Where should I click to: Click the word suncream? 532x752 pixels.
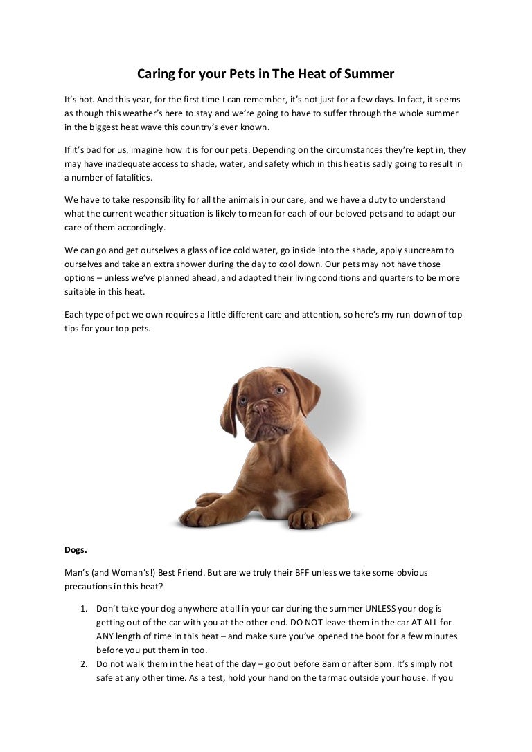[x=427, y=250]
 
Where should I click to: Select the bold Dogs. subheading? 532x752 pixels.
[x=76, y=550]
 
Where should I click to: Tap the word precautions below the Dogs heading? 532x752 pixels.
[x=91, y=586]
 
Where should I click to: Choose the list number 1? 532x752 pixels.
[x=82, y=608]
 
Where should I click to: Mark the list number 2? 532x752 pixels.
[x=82, y=663]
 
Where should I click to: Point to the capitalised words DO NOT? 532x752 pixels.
[x=298, y=622]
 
